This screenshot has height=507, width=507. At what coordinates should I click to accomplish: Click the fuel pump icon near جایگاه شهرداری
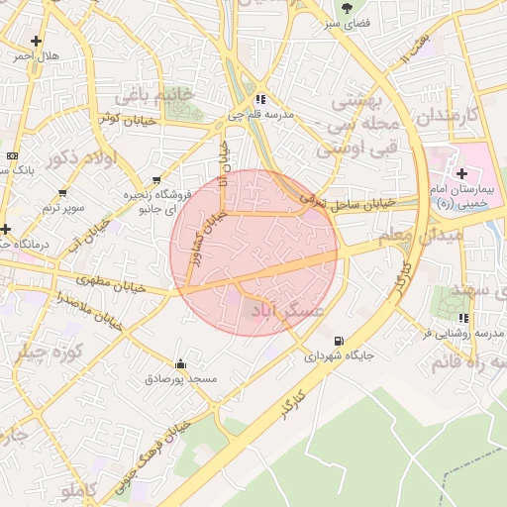coord(341,339)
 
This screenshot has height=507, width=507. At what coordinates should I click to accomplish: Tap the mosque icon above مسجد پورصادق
coord(179,363)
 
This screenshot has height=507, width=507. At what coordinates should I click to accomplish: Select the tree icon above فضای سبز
coord(347,8)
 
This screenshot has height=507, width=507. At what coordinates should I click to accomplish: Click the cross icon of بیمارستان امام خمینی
coord(461,174)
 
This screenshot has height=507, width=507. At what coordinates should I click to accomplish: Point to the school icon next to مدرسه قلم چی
coord(259,99)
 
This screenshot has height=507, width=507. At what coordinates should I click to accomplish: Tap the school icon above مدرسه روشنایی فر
coord(463,318)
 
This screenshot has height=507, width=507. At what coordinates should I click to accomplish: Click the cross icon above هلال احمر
coord(37,41)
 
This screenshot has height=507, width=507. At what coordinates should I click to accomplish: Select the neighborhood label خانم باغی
coord(151,96)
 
